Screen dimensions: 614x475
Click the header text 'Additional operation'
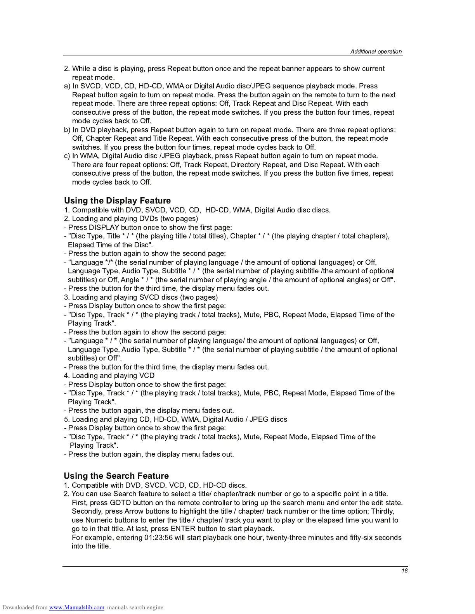(x=376, y=52)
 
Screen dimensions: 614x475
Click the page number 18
(x=404, y=571)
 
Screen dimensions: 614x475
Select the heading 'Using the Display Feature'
(x=117, y=201)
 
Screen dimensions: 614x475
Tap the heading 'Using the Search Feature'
(x=116, y=476)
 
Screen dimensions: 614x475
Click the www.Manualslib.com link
(x=76, y=607)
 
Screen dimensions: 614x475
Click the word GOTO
(x=120, y=503)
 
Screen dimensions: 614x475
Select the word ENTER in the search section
(x=183, y=529)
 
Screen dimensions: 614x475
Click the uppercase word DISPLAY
(x=104, y=228)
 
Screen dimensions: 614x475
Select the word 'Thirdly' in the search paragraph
(x=382, y=511)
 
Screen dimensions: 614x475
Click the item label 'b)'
(x=67, y=130)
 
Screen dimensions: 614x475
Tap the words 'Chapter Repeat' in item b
(x=111, y=138)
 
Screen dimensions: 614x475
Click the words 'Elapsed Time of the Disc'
(x=108, y=245)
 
